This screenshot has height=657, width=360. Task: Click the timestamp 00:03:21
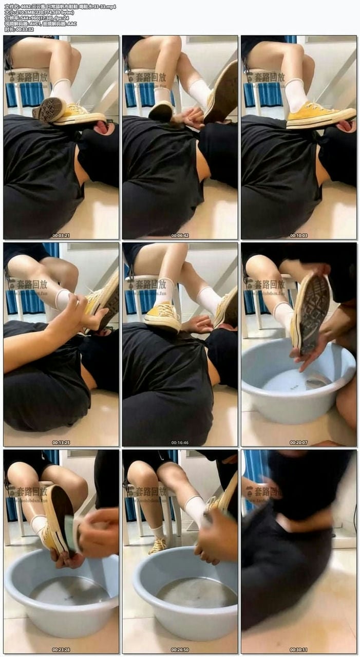(x=61, y=236)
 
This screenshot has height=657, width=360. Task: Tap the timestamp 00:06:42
(x=180, y=236)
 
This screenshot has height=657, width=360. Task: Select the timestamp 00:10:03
(x=299, y=236)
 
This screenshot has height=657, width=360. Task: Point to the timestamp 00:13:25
(x=61, y=442)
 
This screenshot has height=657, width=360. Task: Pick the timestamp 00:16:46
(x=180, y=442)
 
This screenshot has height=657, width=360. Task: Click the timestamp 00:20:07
(x=299, y=442)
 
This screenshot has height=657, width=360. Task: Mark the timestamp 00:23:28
(x=61, y=649)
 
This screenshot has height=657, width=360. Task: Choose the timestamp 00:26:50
(x=180, y=649)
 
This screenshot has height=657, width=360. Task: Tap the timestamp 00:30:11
(x=299, y=649)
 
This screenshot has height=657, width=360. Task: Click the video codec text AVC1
(x=36, y=24)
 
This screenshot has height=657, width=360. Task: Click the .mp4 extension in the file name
(x=108, y=7)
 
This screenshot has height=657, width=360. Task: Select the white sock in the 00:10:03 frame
(x=296, y=95)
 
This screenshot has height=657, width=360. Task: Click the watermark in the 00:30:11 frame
(x=263, y=491)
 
